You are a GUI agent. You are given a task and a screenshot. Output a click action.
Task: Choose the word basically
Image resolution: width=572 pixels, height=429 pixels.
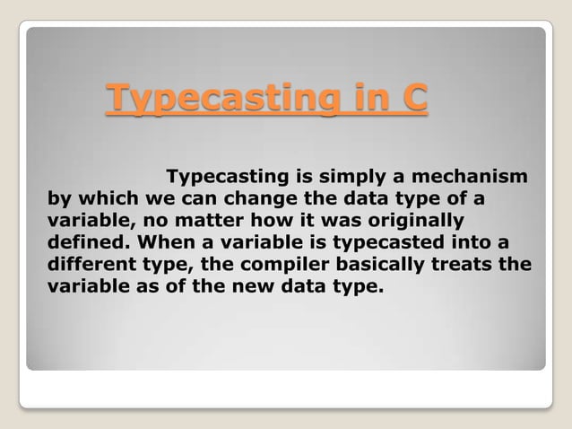(382, 265)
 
